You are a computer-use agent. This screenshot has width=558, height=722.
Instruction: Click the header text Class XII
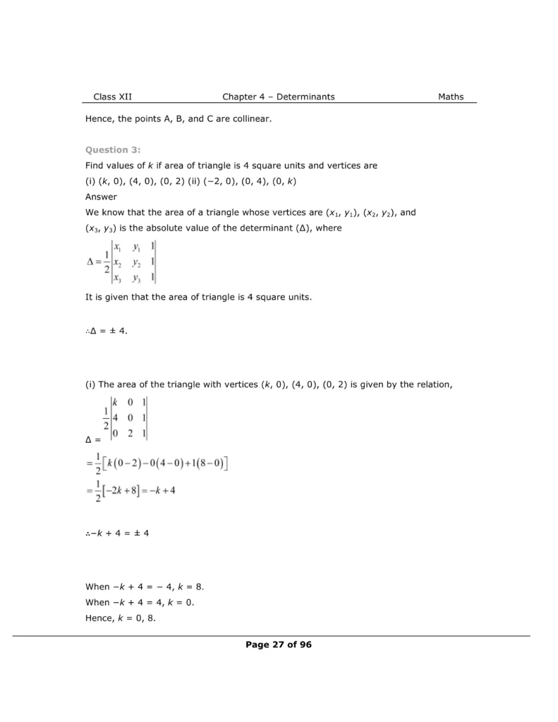coord(112,97)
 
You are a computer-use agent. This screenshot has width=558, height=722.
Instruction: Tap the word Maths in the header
coord(451,97)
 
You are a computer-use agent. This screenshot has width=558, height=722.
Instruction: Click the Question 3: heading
coord(113,149)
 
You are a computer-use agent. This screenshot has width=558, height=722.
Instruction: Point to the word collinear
coord(251,119)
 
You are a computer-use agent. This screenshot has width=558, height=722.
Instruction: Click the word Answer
coord(101,197)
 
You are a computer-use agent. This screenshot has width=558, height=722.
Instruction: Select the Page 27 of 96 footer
coord(279,644)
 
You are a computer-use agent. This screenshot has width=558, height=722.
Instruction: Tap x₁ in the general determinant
coord(117,247)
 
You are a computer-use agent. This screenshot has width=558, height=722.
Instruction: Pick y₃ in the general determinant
coord(137,278)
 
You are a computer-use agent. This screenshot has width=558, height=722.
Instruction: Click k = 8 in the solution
coord(193,587)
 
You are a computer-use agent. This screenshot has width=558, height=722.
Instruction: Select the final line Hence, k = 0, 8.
coord(120,618)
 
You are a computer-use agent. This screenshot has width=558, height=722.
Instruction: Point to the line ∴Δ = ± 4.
coord(107,331)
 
